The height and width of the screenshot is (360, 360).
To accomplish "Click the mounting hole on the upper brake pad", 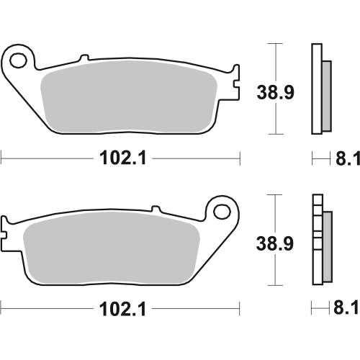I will (x=20, y=59).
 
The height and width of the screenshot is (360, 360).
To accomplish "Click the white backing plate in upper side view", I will (x=315, y=89).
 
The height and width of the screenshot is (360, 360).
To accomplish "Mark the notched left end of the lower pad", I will (x=7, y=232).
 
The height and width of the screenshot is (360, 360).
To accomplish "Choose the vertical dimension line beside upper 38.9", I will (x=273, y=89).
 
